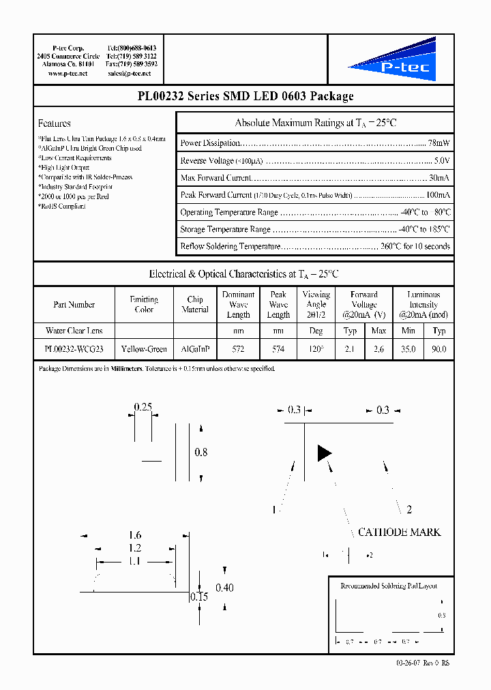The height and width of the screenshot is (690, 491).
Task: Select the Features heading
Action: click(55, 123)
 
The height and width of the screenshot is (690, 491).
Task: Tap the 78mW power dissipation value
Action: click(438, 143)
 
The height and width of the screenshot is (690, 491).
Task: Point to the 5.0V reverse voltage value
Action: click(442, 161)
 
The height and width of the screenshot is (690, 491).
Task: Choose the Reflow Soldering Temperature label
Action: click(230, 246)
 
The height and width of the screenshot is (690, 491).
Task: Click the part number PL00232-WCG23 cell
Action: click(74, 349)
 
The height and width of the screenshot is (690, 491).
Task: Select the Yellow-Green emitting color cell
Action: click(143, 349)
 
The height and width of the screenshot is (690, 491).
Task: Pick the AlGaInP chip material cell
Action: click(195, 349)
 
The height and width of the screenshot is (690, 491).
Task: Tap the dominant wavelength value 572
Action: click(238, 349)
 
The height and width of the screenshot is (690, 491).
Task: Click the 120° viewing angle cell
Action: click(316, 349)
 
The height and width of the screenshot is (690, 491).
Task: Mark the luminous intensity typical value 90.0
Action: click(438, 349)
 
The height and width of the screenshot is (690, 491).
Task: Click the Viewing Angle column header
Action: click(316, 305)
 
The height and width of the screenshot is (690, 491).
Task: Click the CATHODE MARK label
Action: click(399, 532)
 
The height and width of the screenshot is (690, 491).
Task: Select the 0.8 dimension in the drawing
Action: click(201, 452)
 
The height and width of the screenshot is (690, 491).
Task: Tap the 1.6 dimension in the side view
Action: click(135, 536)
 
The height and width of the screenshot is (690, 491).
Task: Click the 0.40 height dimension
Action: click(224, 588)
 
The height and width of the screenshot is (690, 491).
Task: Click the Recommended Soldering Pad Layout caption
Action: click(389, 586)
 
